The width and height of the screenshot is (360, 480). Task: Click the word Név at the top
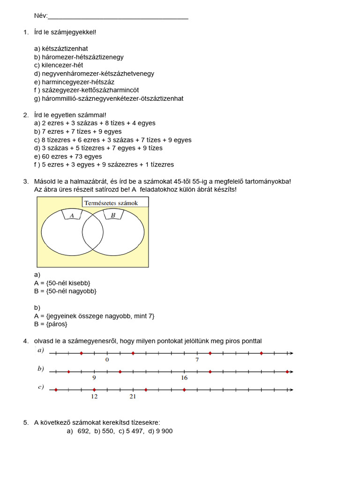tap(40, 15)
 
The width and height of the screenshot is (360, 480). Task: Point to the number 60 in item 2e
tap(46, 157)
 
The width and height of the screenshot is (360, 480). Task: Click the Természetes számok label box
tap(116, 202)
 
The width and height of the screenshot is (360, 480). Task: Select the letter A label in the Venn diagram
tap(72, 216)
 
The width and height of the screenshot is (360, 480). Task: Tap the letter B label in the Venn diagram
tap(113, 216)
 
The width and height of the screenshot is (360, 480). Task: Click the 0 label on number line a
tap(107, 360)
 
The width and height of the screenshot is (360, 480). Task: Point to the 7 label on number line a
tap(197, 360)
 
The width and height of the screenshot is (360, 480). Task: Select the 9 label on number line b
tap(94, 378)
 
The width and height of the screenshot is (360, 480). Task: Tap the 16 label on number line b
tap(184, 378)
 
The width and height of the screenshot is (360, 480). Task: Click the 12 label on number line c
tap(94, 397)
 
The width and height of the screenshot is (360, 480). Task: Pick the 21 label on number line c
tap(133, 397)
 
